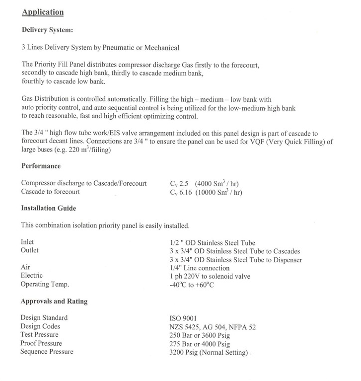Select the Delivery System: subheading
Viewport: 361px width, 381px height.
pos(48,30)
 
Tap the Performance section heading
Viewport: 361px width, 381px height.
pos(41,166)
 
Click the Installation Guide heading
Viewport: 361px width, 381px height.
pos(48,208)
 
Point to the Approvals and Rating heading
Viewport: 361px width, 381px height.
pos(54,301)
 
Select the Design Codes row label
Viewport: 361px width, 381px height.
pos(40,326)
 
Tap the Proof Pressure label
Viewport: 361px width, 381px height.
pos(41,343)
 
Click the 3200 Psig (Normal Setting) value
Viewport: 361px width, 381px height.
pos(209,353)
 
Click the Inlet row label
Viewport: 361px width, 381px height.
pos(28,242)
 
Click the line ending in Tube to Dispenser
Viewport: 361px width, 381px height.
pos(235,259)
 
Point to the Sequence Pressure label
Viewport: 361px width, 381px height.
pos(47,352)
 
